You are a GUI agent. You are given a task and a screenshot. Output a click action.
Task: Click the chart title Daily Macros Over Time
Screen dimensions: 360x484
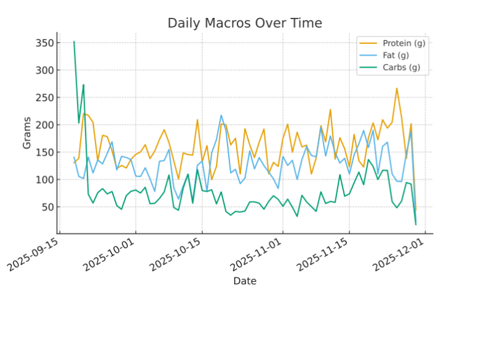coord(245,23)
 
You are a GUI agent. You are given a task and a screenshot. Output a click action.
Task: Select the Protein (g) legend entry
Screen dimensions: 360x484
coord(403,43)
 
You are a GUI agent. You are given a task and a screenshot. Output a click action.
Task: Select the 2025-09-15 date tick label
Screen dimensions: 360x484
coord(34,254)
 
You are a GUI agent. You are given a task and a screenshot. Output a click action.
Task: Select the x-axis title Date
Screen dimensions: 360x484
coord(245,281)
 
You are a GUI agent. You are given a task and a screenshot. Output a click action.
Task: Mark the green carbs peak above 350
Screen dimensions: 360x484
coord(74,42)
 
